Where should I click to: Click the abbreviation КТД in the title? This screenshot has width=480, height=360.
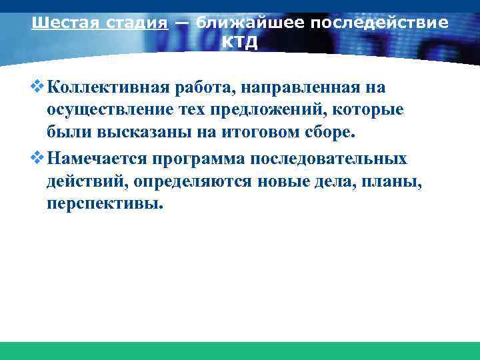click(x=239, y=42)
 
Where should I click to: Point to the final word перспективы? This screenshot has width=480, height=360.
click(x=104, y=204)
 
